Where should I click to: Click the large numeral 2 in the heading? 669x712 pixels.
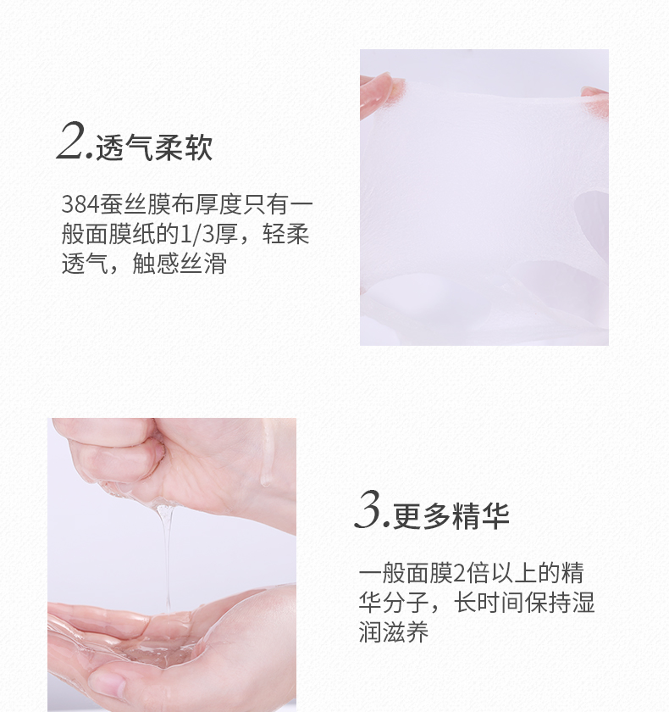(73, 141)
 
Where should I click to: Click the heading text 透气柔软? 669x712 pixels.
(154, 147)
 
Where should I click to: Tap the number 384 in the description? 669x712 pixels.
(80, 204)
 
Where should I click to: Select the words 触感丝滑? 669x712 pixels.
(180, 264)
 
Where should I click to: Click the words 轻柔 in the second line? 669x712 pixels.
(285, 234)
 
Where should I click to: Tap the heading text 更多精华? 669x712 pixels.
(451, 516)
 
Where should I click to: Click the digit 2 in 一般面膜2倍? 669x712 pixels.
(459, 574)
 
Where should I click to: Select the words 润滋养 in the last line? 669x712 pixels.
(394, 632)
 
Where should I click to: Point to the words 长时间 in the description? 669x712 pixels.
(489, 603)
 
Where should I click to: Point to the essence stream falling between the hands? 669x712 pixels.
(166, 559)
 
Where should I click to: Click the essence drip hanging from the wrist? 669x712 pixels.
(266, 459)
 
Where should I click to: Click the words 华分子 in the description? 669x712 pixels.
(394, 603)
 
